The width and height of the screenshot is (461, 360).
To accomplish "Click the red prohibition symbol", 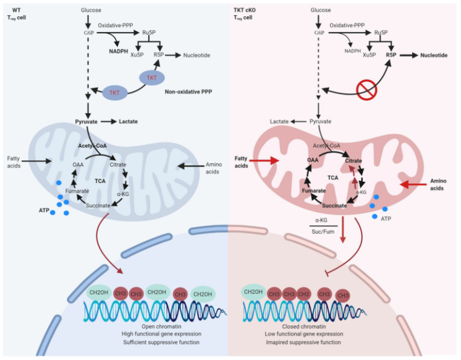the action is point(366,90).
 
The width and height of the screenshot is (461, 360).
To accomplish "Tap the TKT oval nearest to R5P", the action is point(151,78).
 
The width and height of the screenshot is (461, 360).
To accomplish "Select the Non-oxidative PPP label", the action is point(188,92).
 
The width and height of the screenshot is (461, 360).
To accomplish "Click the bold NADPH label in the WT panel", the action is point(119,51).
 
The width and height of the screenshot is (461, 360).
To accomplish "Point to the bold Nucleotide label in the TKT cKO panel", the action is point(434,55).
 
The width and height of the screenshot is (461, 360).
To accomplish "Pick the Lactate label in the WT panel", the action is point(128,122).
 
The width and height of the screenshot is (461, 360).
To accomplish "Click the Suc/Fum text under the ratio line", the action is point(323,232).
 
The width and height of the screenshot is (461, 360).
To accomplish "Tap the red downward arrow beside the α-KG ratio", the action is point(342,229).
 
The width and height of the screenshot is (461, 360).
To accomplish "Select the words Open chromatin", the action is point(161,327).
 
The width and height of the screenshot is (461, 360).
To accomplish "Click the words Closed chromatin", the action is point(304,327).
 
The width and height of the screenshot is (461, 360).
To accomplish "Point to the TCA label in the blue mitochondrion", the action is point(100,181).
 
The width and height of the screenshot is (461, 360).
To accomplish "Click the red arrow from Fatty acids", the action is point(264,160).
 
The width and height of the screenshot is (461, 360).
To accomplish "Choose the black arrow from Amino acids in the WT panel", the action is point(190,166).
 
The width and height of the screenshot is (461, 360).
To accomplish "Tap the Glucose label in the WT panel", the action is point(91,10).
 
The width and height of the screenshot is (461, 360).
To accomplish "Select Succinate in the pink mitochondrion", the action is point(334,205).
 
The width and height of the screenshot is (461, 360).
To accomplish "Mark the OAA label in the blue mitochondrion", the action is point(78,165).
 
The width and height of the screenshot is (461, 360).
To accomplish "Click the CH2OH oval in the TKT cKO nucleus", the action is point(253,292).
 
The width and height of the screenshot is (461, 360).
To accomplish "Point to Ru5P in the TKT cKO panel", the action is point(381,32).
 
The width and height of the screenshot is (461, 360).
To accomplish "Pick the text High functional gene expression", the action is point(161,334).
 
